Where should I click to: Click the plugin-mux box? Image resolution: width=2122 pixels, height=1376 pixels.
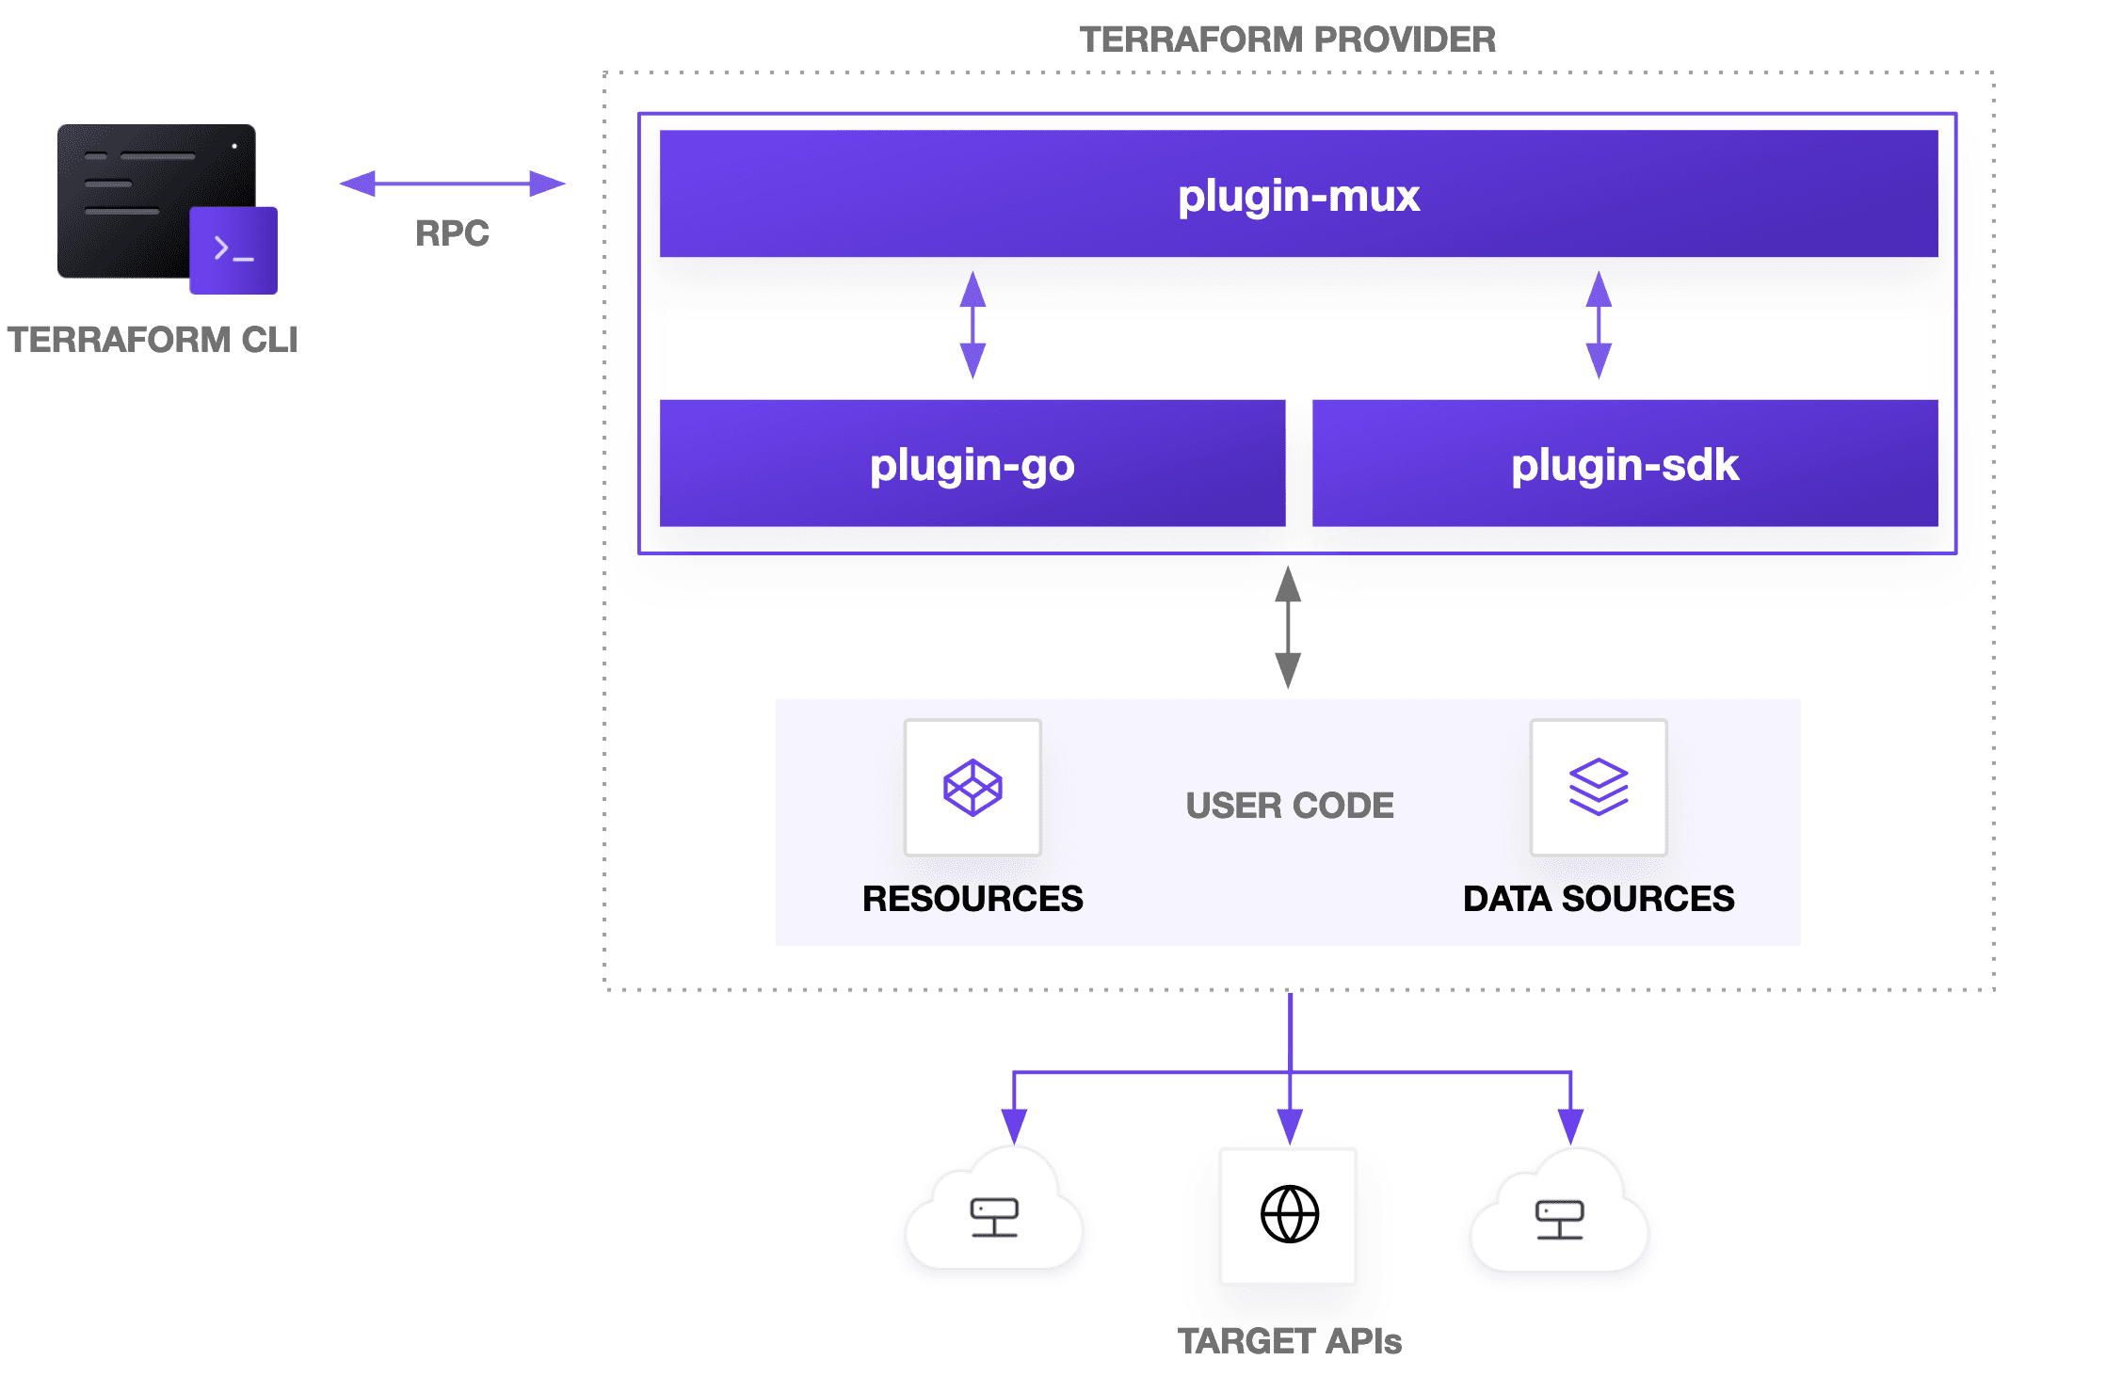pos(1298,194)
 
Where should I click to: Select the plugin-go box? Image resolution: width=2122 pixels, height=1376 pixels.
pos(972,464)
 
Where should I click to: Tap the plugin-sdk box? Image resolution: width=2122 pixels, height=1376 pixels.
pos(1624,464)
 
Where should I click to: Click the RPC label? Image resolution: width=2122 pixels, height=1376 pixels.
pos(452,233)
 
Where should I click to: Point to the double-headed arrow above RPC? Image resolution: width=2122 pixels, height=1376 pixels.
pos(452,184)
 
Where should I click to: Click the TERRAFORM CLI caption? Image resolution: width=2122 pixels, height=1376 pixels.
pos(153,340)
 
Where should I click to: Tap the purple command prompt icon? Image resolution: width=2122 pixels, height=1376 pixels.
pos(233,250)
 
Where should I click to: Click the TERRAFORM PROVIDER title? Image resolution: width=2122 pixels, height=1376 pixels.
pos(1287,40)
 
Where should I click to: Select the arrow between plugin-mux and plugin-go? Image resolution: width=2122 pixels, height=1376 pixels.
pos(973,326)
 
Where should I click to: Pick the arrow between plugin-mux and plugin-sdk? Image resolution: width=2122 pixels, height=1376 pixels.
pos(1599,326)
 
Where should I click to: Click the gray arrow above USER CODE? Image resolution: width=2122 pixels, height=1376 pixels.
pos(1288,627)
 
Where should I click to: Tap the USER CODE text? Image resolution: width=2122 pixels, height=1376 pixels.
pos(1289,806)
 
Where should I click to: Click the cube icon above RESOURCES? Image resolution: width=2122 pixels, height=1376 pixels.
pos(973,788)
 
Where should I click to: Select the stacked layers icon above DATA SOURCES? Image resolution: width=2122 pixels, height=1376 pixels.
pos(1599,788)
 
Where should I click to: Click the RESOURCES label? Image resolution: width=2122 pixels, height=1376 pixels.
pos(973,899)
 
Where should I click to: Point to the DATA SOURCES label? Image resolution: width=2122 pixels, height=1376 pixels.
pos(1599,899)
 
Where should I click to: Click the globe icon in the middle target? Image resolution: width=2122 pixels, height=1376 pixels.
pos(1289,1214)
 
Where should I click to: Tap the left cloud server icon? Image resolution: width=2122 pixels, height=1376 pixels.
pos(994,1217)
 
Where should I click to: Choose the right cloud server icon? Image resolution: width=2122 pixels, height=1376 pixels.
pos(1559,1219)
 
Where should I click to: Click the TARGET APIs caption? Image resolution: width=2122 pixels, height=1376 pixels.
pos(1289,1341)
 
